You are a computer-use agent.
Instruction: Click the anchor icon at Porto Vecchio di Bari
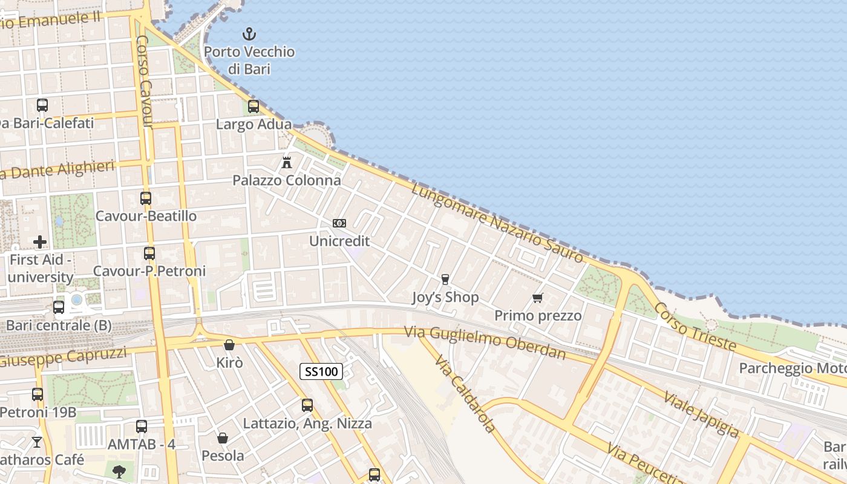pyautogui.click(x=249, y=34)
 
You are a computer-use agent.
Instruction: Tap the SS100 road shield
pyautogui.click(x=321, y=371)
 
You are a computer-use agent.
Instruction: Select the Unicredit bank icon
pyautogui.click(x=339, y=223)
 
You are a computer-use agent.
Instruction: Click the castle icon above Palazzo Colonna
pyautogui.click(x=287, y=162)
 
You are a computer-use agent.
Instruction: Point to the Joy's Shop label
pyautogui.click(x=445, y=297)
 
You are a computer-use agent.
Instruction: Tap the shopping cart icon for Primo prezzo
pyautogui.click(x=537, y=298)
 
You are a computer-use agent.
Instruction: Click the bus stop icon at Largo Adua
pyautogui.click(x=253, y=106)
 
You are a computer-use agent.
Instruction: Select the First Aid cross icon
pyautogui.click(x=40, y=242)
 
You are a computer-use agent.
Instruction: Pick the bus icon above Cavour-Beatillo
pyautogui.click(x=146, y=198)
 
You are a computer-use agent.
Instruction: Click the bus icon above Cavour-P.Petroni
pyautogui.click(x=149, y=253)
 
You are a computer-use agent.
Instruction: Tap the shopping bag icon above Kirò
pyautogui.click(x=229, y=345)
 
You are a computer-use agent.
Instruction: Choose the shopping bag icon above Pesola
pyautogui.click(x=223, y=437)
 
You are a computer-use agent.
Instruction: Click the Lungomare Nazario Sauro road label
pyautogui.click(x=497, y=224)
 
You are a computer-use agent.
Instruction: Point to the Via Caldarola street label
pyautogui.click(x=465, y=393)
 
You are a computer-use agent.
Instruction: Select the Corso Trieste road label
pyautogui.click(x=695, y=327)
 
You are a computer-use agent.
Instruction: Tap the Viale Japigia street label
pyautogui.click(x=701, y=414)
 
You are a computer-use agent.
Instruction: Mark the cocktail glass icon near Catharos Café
pyautogui.click(x=37, y=442)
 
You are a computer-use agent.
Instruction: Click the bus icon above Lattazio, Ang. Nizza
pyautogui.click(x=307, y=405)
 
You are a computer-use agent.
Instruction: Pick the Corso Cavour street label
pyautogui.click(x=144, y=82)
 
